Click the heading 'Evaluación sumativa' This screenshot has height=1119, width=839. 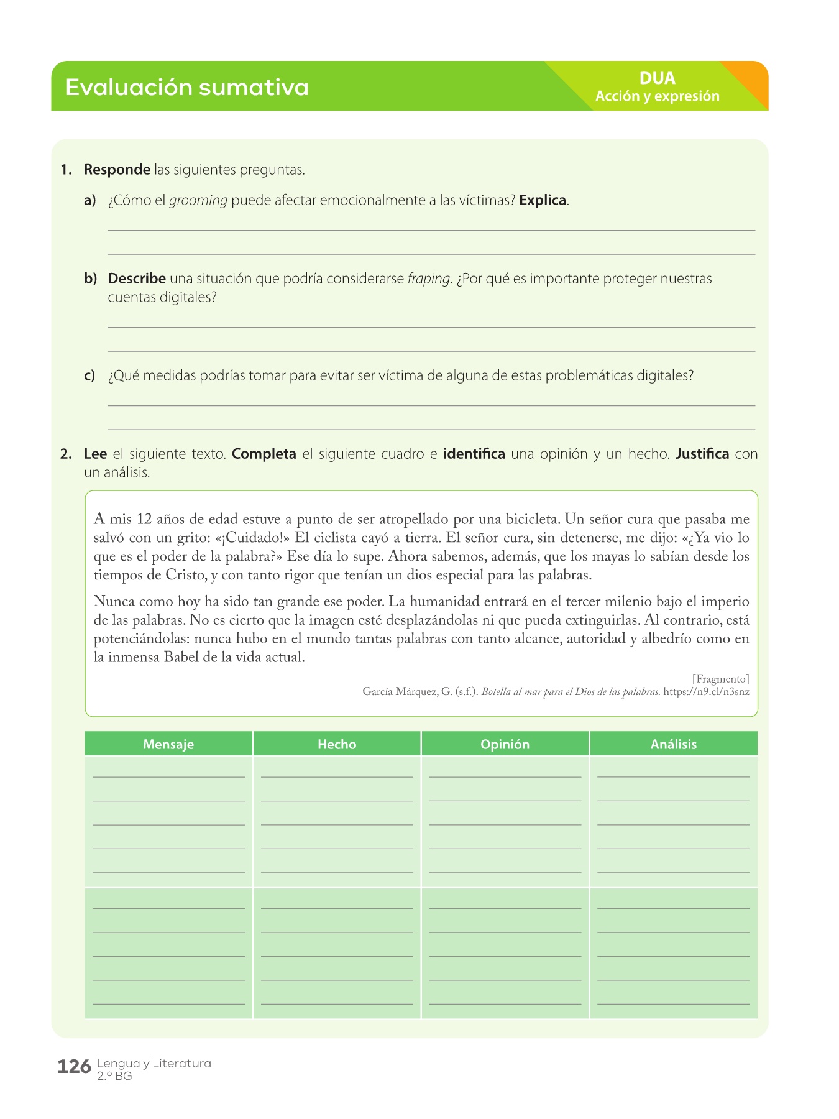pyautogui.click(x=186, y=87)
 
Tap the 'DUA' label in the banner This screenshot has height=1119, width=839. pyautogui.click(x=657, y=78)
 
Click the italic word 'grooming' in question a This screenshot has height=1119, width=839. pyautogui.click(x=198, y=201)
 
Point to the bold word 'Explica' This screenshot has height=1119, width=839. pyautogui.click(x=543, y=201)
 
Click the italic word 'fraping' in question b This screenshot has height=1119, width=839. pyautogui.click(x=429, y=279)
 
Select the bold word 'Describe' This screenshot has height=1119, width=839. pyautogui.click(x=137, y=279)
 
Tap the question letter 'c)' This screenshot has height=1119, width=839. pyautogui.click(x=89, y=375)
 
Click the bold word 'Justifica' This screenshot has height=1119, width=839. pyautogui.click(x=702, y=454)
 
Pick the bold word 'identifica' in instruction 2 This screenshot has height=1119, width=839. pyautogui.click(x=474, y=454)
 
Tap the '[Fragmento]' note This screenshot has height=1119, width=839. pyautogui.click(x=720, y=678)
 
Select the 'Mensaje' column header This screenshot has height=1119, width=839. pyautogui.click(x=168, y=744)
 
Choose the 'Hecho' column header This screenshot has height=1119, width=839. pyautogui.click(x=337, y=744)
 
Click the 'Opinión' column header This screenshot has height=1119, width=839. pyautogui.click(x=505, y=744)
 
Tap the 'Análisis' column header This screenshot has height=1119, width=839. pyautogui.click(x=674, y=744)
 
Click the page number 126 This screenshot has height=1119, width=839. pyautogui.click(x=74, y=1067)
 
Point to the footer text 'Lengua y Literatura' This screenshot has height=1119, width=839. pyautogui.click(x=154, y=1063)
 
